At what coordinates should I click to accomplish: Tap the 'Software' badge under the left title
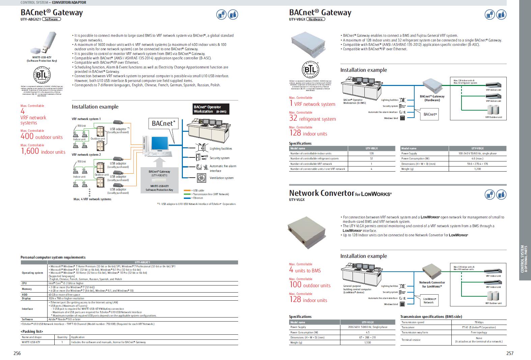coord(51,19)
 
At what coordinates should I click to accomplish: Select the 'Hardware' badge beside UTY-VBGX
coord(315,19)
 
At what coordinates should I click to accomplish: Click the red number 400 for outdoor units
coord(27,137)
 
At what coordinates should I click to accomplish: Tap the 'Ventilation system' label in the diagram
coord(221,178)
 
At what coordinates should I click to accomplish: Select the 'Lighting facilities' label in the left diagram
coord(221,149)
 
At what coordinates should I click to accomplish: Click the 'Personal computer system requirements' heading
coord(53,257)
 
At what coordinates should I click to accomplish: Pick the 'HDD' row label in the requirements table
coord(25,295)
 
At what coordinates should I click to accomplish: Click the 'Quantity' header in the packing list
coord(62,337)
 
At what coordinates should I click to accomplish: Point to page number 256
coord(17,353)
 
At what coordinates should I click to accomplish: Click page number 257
coord(510,353)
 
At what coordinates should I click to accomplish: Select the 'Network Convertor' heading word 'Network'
coord(304,193)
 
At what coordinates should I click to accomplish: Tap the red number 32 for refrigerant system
coord(293,118)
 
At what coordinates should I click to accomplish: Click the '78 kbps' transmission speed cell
coord(479,322)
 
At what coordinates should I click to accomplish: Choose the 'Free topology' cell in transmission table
coord(479,332)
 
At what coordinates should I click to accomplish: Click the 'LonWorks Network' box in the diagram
coord(429,301)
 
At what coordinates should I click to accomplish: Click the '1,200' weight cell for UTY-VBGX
coord(477,169)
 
